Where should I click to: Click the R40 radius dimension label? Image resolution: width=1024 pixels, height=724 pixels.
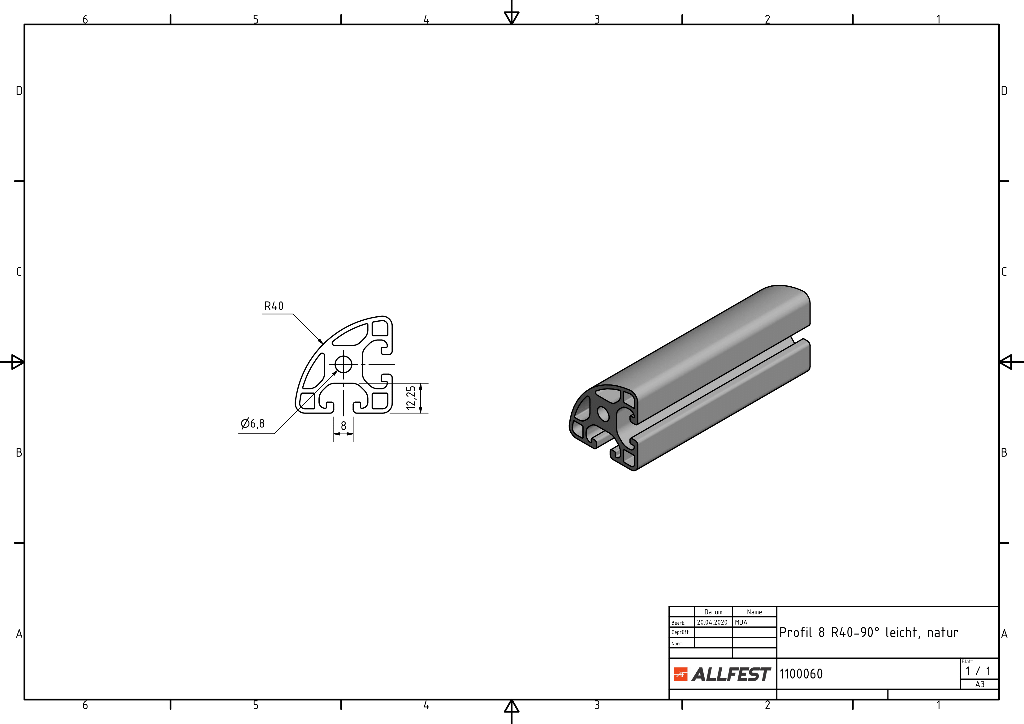[x=274, y=306]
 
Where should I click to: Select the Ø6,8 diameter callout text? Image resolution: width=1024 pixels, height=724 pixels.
[x=253, y=423]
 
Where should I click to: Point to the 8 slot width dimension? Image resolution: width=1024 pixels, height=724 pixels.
[x=343, y=426]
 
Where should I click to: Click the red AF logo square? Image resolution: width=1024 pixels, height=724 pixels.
[x=681, y=674]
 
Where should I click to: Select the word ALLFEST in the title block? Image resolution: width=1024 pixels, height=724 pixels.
[x=731, y=674]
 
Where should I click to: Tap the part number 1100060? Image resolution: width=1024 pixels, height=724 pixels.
[x=801, y=674]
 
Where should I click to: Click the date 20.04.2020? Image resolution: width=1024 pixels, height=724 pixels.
[x=712, y=622]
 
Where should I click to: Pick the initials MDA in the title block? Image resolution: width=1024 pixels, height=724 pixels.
[x=741, y=622]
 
